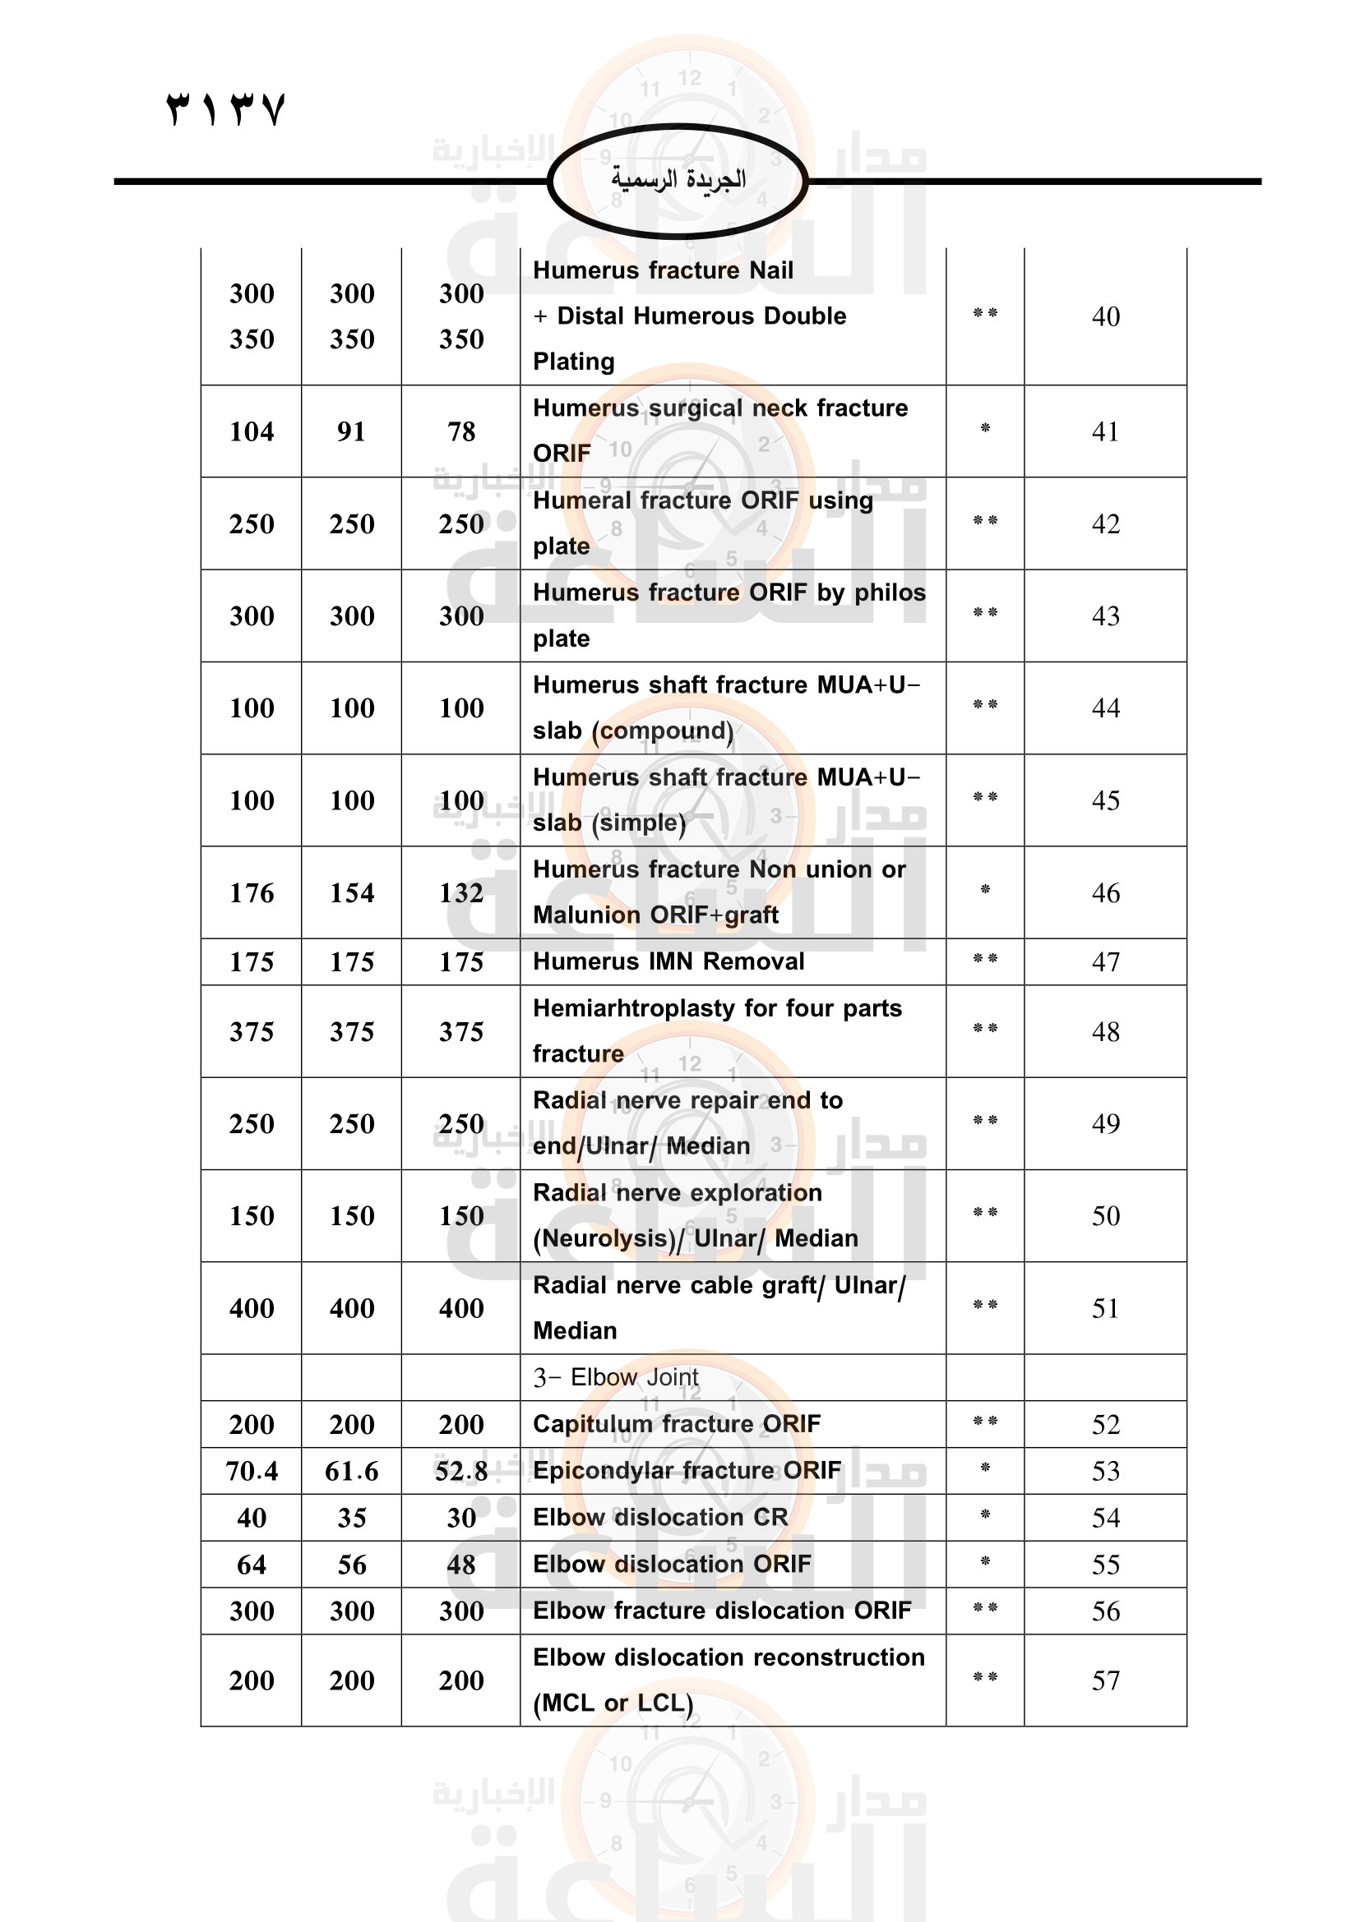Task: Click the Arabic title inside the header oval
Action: pos(678,180)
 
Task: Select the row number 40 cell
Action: pos(1105,316)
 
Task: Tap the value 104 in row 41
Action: pos(252,432)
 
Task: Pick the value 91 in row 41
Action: pos(351,432)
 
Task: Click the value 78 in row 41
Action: pos(460,432)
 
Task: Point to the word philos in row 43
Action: pos(890,592)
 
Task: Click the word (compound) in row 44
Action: pos(663,731)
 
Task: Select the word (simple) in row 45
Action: pos(639,823)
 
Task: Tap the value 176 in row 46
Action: pos(252,893)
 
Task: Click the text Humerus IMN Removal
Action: pos(668,962)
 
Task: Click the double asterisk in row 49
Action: pos(985,1122)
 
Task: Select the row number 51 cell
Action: pos(1105,1308)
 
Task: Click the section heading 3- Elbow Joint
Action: pos(616,1378)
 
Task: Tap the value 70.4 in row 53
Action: pos(252,1472)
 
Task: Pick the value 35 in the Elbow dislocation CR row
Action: pos(351,1519)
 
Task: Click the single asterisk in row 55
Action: pos(985,1562)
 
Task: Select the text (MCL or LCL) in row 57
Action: pos(613,1703)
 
